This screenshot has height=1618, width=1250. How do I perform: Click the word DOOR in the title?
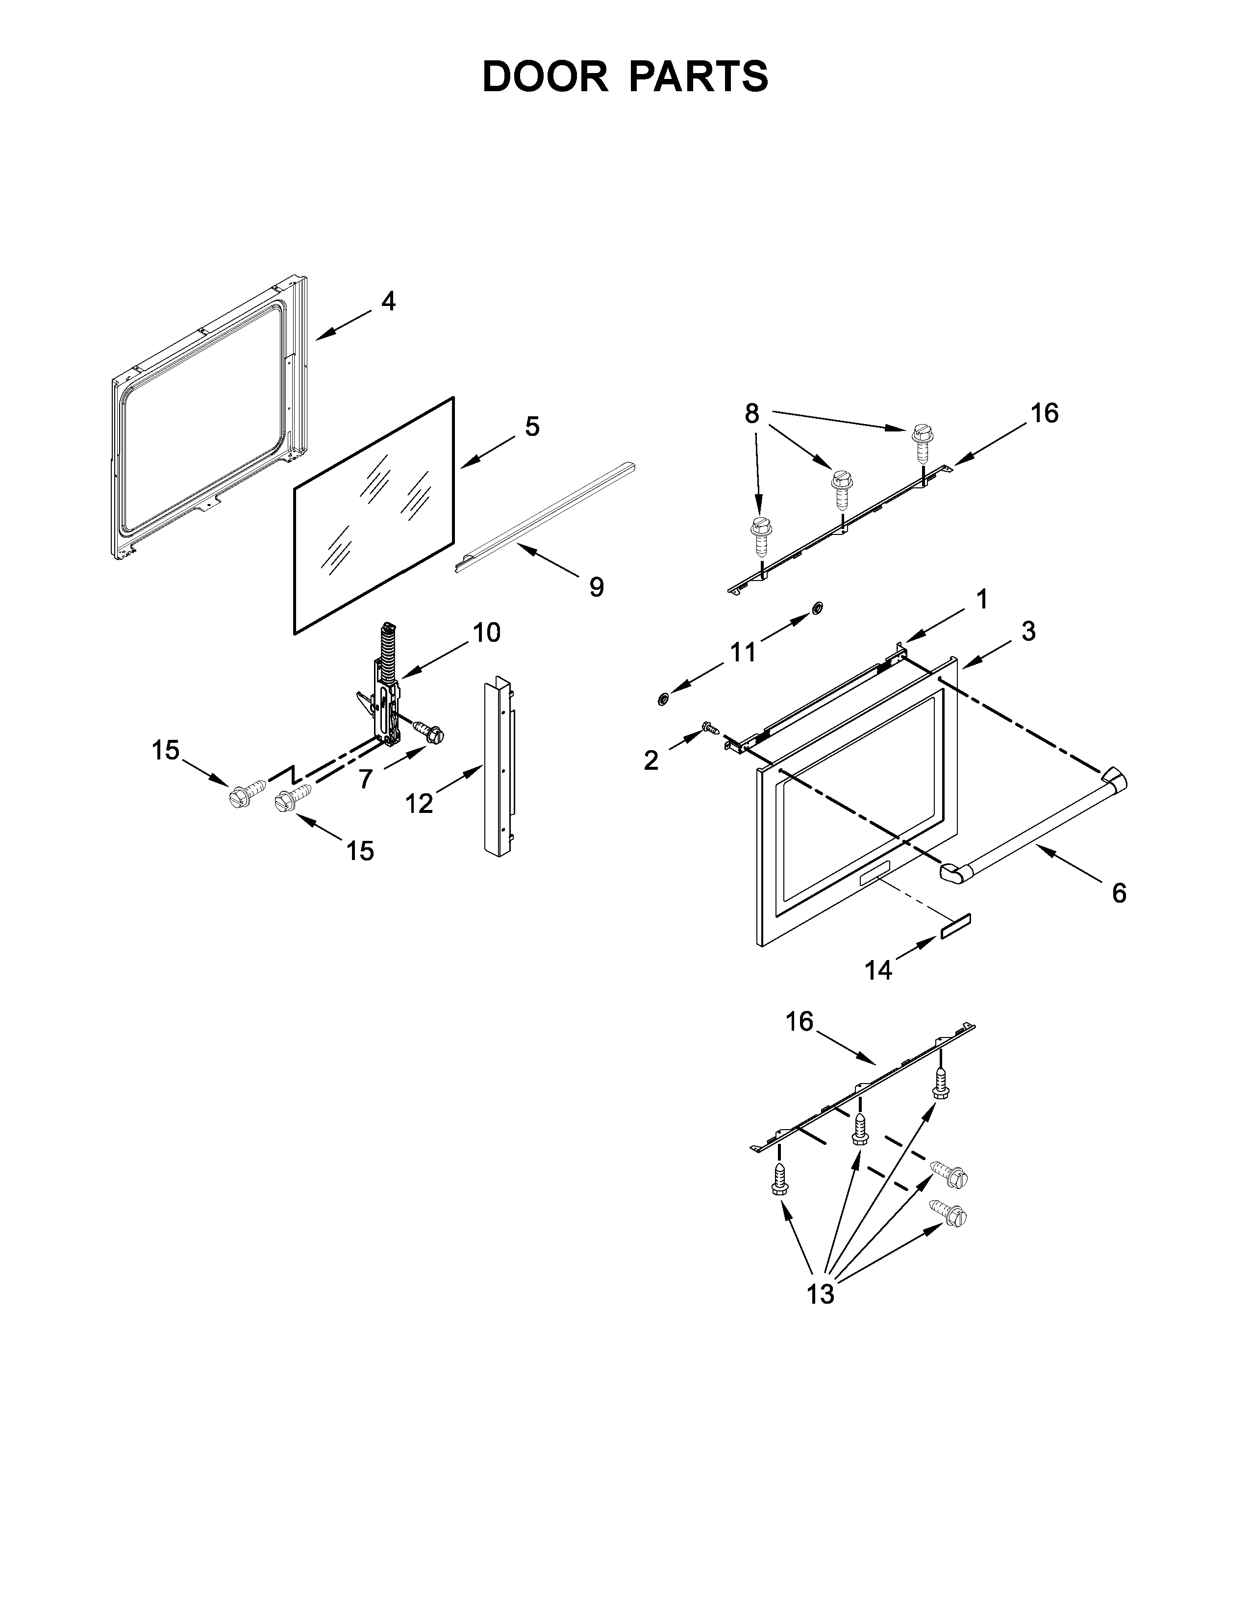pos(544,77)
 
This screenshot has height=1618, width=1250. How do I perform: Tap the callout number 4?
pos(388,302)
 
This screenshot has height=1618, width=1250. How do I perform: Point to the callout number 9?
pos(596,587)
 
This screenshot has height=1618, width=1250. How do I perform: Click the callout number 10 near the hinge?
pos(487,632)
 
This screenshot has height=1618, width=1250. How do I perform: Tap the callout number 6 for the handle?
pos(1119,893)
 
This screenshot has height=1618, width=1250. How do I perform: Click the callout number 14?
pos(878,970)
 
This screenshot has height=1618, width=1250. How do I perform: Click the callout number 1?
pos(982,599)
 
